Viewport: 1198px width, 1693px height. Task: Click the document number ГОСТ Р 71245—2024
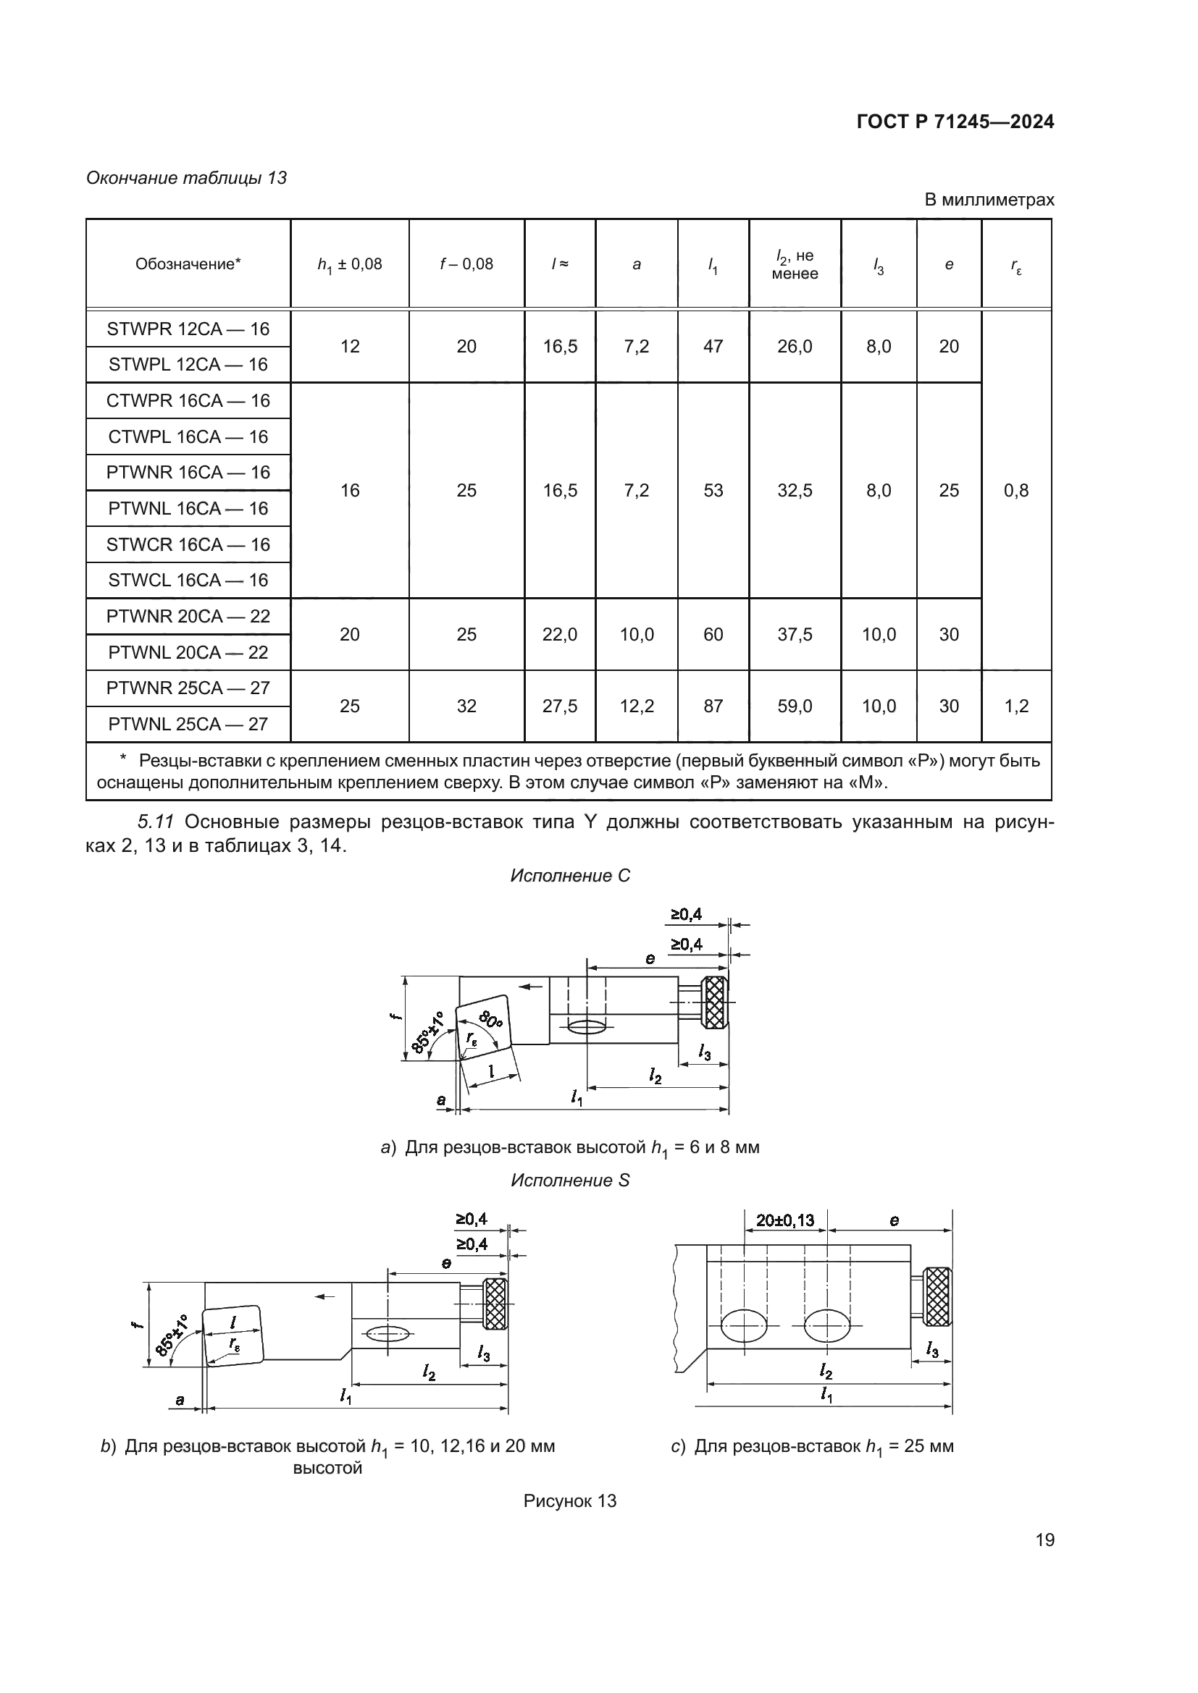[955, 122]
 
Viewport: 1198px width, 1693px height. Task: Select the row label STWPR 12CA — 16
[188, 329]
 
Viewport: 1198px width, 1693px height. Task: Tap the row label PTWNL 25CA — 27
[188, 724]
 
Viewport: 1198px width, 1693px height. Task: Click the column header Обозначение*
[188, 264]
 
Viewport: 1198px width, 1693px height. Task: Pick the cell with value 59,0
[795, 706]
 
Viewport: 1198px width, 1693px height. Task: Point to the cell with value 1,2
[1015, 706]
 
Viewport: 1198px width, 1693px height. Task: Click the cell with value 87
[713, 706]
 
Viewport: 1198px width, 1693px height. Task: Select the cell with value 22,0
[559, 634]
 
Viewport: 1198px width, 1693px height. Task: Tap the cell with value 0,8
[1015, 490]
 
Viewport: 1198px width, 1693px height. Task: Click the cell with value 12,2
[636, 706]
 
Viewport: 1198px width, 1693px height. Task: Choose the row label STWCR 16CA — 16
[188, 544]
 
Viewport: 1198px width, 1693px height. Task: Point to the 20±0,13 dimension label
[785, 1220]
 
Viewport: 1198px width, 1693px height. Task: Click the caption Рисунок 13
[569, 1501]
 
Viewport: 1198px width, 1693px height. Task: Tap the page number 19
[1044, 1540]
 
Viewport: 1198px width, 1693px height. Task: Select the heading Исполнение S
[569, 1181]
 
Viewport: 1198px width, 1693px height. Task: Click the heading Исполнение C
[569, 876]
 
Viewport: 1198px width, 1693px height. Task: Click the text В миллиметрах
[989, 200]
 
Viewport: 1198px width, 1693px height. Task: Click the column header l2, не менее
[795, 264]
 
